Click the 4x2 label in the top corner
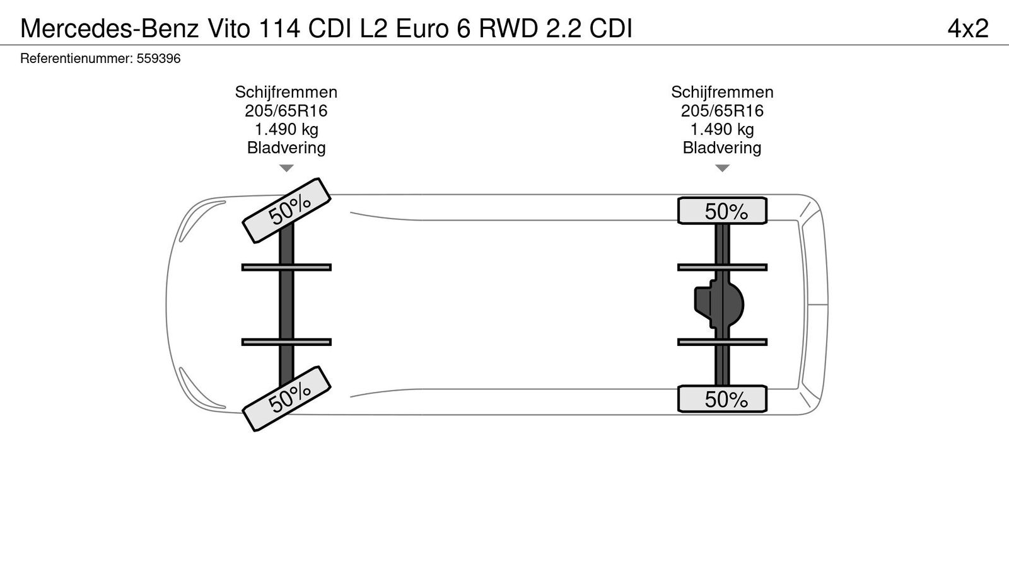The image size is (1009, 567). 967,28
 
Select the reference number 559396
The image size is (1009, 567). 159,59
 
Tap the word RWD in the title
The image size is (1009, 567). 508,28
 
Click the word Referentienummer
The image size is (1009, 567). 76,59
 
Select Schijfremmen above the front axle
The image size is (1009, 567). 286,92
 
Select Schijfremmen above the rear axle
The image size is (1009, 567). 722,92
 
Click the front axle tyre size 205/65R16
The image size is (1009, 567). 286,111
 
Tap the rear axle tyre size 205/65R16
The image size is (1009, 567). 722,111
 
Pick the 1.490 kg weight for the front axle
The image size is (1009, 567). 286,130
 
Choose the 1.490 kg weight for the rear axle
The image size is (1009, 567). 722,130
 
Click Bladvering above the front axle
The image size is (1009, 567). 286,148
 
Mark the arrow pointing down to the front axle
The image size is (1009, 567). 286,168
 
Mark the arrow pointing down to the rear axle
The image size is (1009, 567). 722,168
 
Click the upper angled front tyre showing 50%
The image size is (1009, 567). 288,210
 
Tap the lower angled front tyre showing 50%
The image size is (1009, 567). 288,398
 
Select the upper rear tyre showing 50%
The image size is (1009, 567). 723,210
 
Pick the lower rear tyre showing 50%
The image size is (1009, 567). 723,399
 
